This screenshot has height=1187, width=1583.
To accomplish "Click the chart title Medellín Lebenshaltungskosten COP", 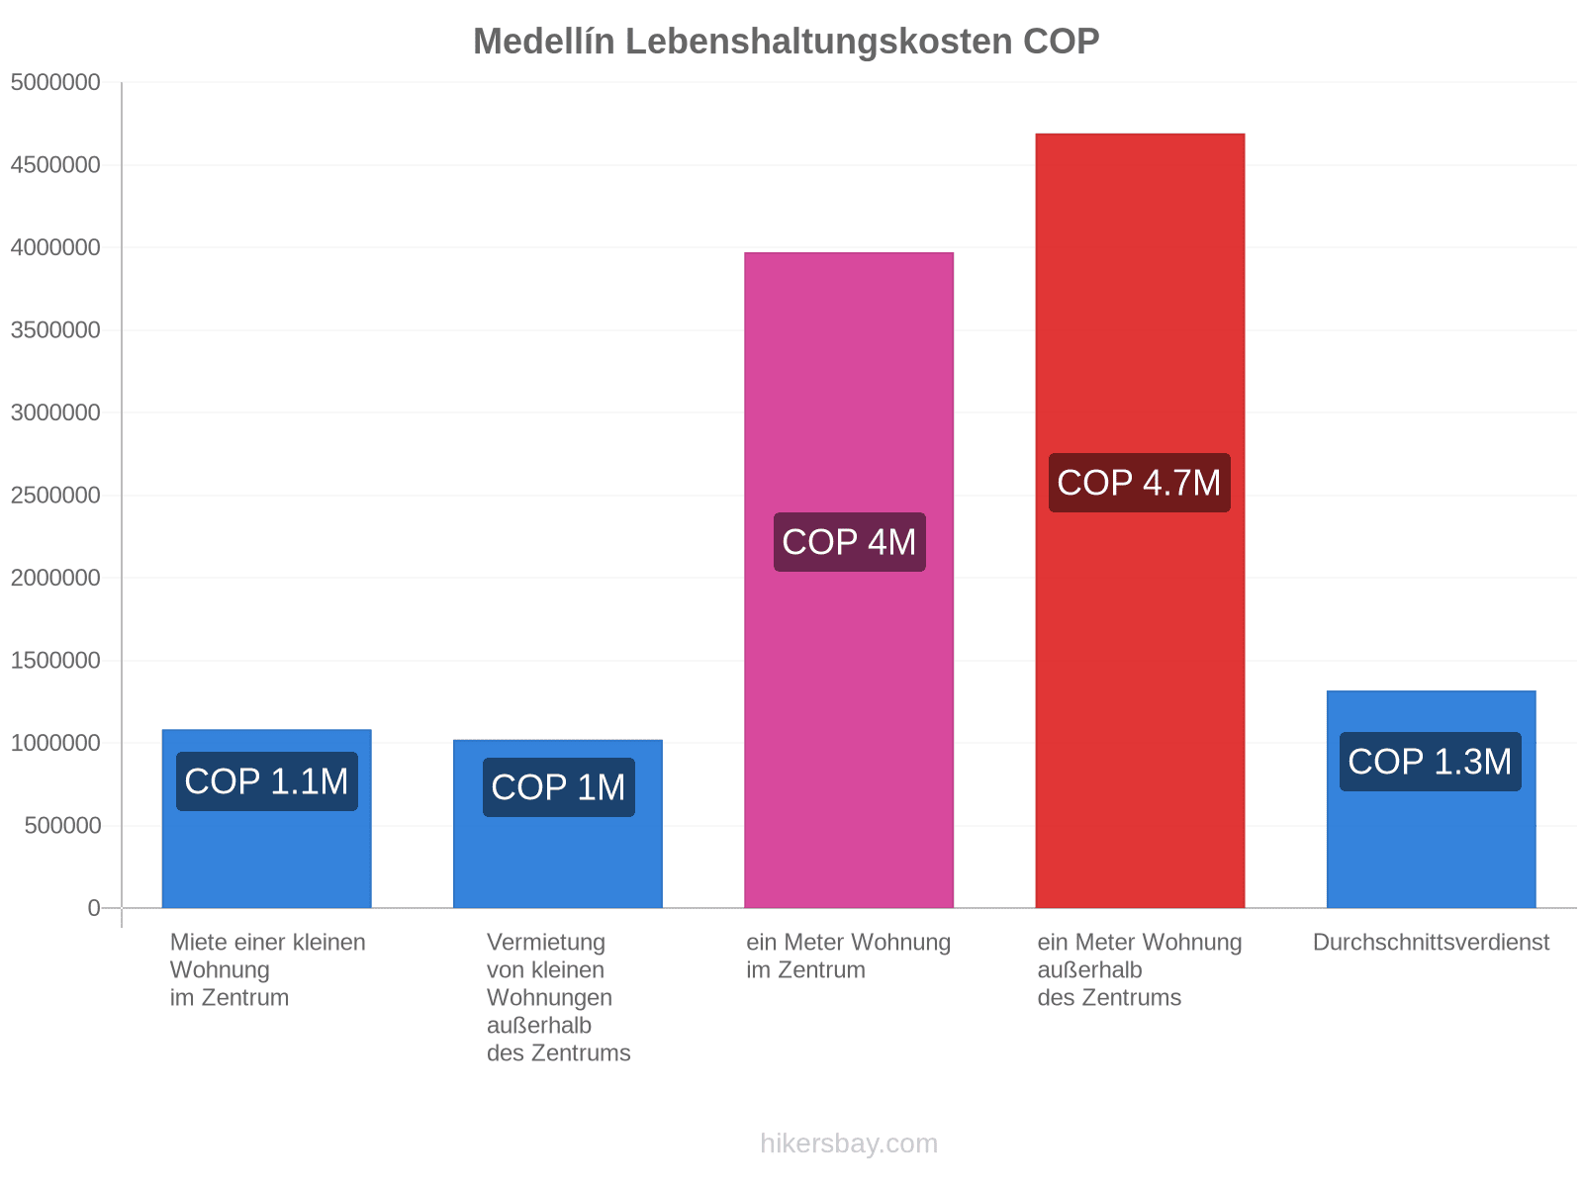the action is click(786, 42).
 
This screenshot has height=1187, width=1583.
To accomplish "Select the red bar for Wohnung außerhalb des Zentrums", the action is click(1140, 520).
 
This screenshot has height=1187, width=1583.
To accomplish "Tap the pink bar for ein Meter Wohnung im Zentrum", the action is click(849, 581).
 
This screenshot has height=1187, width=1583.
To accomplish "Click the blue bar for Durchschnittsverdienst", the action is click(1431, 799).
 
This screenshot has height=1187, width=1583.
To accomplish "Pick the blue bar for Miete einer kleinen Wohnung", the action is click(267, 819).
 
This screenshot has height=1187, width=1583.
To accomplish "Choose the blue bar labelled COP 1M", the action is click(557, 824).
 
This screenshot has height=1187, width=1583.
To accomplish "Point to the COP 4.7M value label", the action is click(1140, 483).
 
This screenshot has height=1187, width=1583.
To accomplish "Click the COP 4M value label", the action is click(850, 542).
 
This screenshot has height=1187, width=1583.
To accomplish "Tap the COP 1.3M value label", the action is click(1430, 762).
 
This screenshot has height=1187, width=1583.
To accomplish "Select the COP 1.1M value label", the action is click(267, 781).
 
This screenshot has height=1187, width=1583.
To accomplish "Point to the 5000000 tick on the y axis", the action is click(55, 82).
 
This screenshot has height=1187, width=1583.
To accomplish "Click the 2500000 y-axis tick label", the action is click(55, 496).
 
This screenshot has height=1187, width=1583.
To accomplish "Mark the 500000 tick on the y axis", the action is click(62, 825).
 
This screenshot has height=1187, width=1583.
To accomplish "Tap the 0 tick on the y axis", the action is click(94, 908).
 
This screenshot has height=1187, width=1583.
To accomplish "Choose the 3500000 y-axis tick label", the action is click(55, 330).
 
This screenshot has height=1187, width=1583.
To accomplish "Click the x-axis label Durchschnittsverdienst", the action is click(1431, 942).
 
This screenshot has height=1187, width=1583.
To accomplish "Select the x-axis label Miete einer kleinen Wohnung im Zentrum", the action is click(267, 969).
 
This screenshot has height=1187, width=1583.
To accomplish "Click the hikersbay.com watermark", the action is click(849, 1143).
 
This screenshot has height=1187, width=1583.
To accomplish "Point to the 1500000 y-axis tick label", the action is click(55, 660).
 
